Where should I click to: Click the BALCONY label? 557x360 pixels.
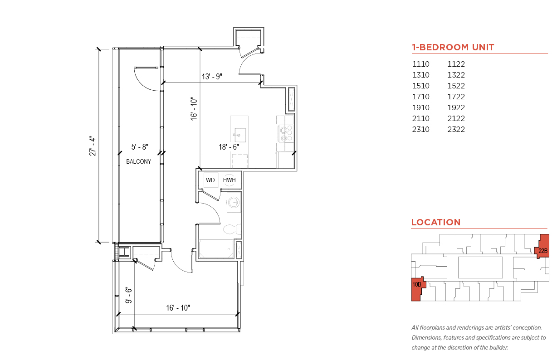pyautogui.click(x=138, y=161)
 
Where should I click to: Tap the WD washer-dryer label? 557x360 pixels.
pyautogui.click(x=210, y=180)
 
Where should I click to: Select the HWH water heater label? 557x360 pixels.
pyautogui.click(x=229, y=180)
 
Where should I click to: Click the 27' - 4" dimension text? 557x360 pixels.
pyautogui.click(x=93, y=146)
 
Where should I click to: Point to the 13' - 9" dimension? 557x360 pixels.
pyautogui.click(x=212, y=77)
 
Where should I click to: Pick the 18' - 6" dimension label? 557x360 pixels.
pyautogui.click(x=229, y=147)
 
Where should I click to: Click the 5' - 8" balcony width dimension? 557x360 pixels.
pyautogui.click(x=140, y=147)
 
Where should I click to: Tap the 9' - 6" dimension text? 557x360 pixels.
pyautogui.click(x=128, y=295)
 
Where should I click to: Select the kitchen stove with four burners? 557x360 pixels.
pyautogui.click(x=286, y=133)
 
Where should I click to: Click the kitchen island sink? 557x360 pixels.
pyautogui.click(x=239, y=135)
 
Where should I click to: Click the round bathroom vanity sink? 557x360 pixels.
pyautogui.click(x=234, y=202)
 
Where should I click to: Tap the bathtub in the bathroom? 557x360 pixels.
pyautogui.click(x=216, y=249)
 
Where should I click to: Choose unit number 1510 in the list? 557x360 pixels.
pyautogui.click(x=421, y=86)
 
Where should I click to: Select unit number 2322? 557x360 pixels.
pyautogui.click(x=456, y=129)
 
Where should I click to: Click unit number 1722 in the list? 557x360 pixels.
pyautogui.click(x=456, y=97)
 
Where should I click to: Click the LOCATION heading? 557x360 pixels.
pyautogui.click(x=436, y=222)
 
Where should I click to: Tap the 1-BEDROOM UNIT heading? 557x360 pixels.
pyautogui.click(x=453, y=47)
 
